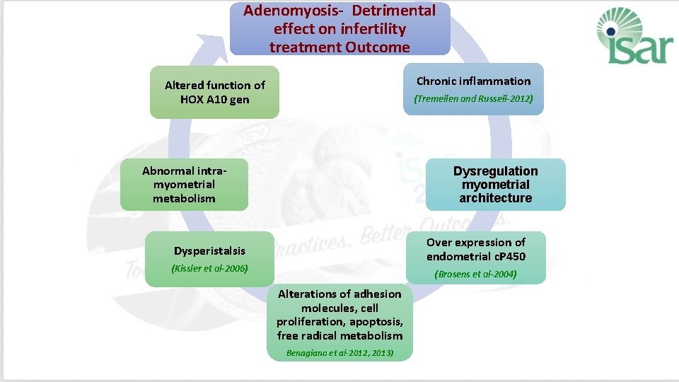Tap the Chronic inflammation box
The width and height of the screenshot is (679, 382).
click(x=473, y=88)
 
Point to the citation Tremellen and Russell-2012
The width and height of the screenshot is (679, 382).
click(x=473, y=99)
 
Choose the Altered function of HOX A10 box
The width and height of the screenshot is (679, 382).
click(x=214, y=92)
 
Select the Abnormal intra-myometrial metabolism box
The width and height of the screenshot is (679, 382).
click(x=184, y=185)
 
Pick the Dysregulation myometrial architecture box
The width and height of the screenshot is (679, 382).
click(x=495, y=185)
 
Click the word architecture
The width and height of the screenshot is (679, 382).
click(x=495, y=199)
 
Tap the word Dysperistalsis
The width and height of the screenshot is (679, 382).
click(x=209, y=251)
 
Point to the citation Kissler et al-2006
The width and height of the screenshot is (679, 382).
click(x=209, y=269)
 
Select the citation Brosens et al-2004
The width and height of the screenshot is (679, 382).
click(x=475, y=274)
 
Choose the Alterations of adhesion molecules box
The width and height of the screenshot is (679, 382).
click(x=339, y=322)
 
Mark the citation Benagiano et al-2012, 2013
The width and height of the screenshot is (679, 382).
click(x=339, y=352)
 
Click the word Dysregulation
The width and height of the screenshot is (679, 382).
click(x=495, y=171)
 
